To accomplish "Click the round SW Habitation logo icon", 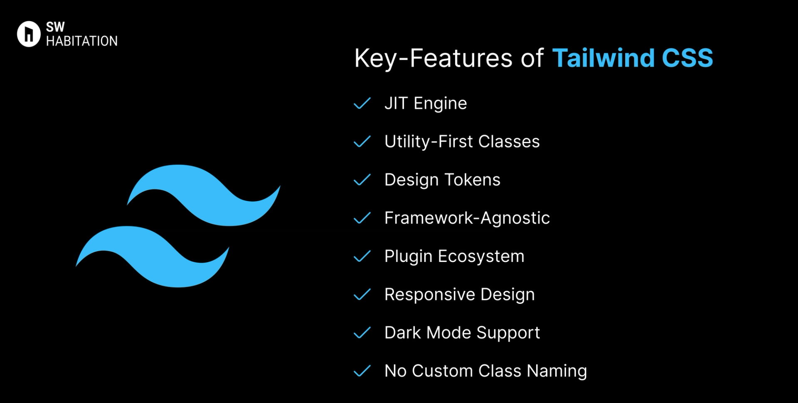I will pos(28,34).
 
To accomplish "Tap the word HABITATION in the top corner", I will pos(81,41).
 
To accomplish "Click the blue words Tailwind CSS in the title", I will pos(632,58).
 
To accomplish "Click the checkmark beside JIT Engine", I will pos(362,103).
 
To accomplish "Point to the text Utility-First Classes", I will pos(462,142).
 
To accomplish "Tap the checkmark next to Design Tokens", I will pos(362,180).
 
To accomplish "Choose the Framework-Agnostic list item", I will pos(467,218).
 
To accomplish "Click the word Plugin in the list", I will pos(408,256).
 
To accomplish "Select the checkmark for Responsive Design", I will pos(362,294).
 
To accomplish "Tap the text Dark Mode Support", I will pos(462,332).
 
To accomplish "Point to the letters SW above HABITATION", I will pos(55,27).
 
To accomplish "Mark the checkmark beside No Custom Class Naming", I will pos(362,371).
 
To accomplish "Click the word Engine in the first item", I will pos(440,104).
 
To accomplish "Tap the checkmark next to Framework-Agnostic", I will pos(362,218).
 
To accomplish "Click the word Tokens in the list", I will pos(472,180).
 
